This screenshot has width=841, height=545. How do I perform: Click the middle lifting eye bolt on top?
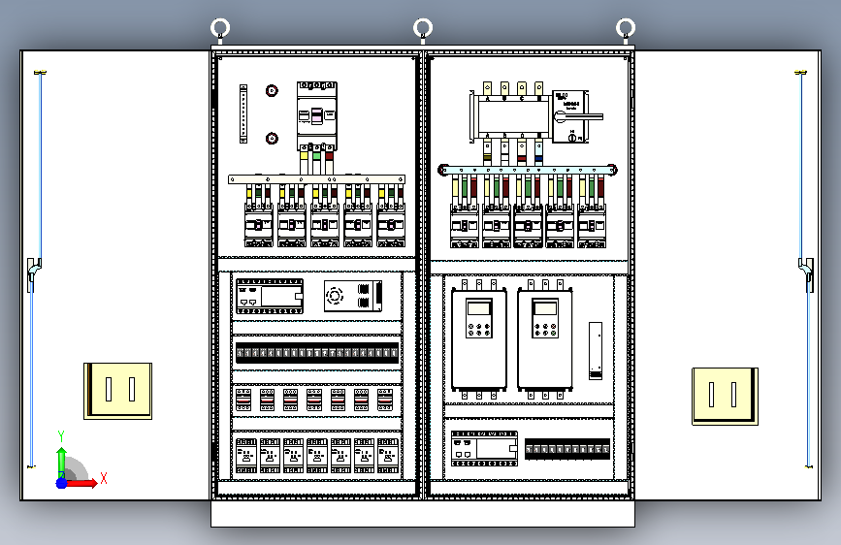(423, 27)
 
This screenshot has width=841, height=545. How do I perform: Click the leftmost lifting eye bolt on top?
(220, 27)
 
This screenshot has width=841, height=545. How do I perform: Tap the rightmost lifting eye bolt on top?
(627, 27)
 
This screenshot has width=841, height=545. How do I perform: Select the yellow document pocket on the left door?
(117, 390)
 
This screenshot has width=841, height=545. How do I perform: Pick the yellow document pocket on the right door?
(724, 396)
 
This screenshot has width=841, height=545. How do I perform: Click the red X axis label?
(103, 478)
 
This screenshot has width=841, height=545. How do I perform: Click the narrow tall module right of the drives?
(596, 350)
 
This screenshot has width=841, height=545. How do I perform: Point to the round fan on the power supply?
(335, 295)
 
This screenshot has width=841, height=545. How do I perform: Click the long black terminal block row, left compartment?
(316, 352)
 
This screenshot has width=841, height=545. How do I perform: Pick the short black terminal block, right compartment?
(567, 449)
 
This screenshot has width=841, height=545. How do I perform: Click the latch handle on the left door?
(32, 275)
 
